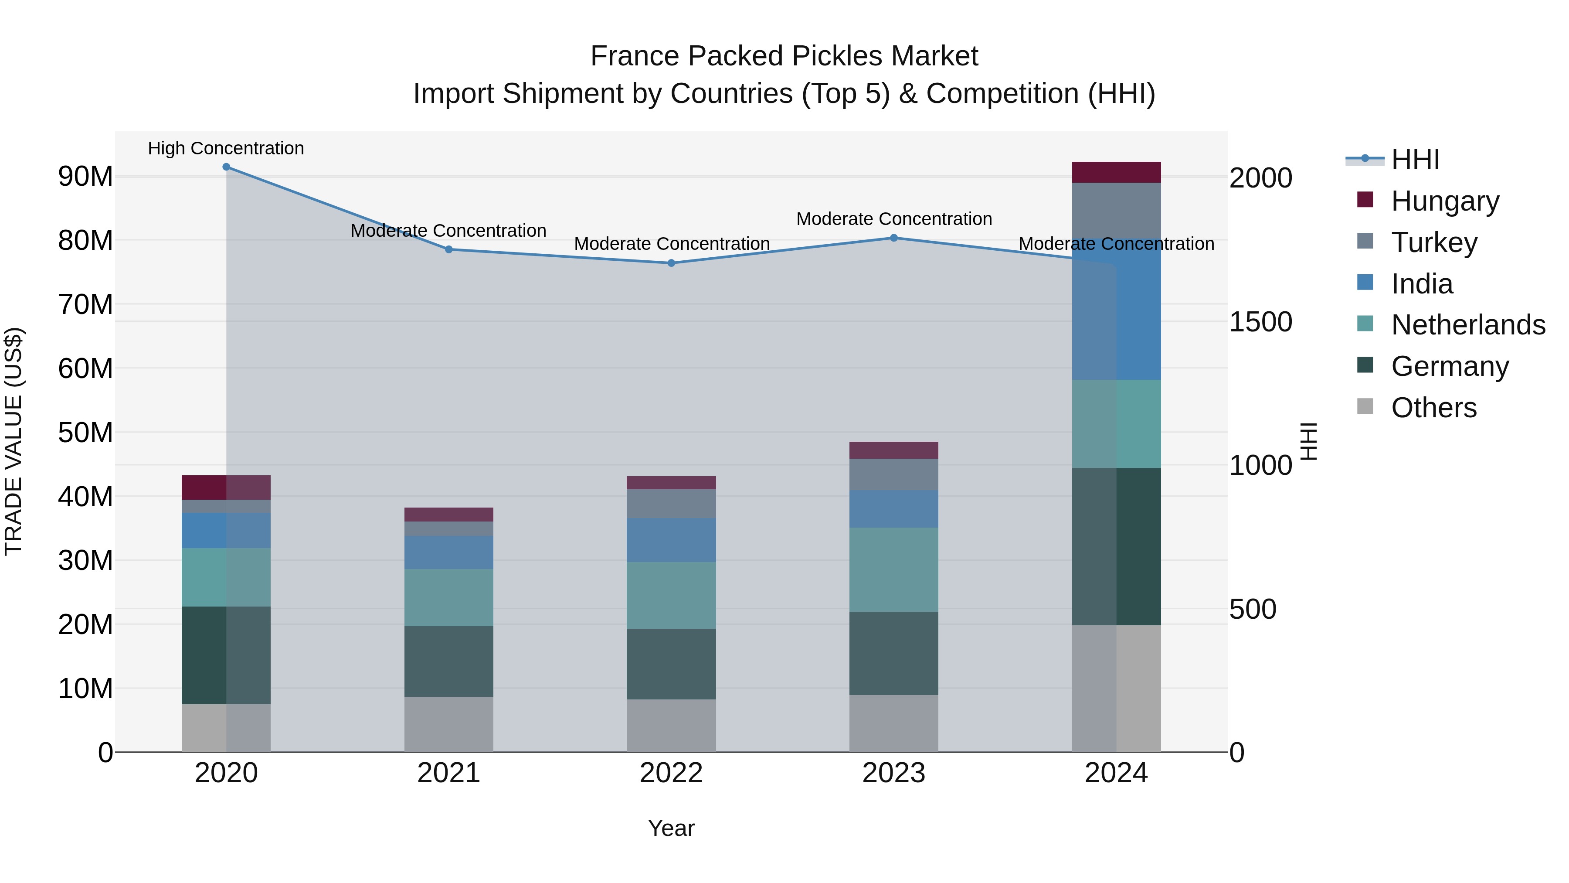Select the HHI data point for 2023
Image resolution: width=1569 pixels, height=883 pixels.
893,238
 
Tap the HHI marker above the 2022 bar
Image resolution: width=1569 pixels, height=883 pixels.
671,263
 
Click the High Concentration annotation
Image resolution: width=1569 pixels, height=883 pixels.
226,148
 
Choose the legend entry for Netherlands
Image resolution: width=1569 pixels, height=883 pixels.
1468,325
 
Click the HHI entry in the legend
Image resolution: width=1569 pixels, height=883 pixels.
1415,160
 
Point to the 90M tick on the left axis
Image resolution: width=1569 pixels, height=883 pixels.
85,176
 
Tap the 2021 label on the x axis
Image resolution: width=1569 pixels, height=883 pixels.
448,773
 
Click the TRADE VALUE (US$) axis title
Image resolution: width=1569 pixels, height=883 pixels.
14,441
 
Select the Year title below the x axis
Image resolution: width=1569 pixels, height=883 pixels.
671,828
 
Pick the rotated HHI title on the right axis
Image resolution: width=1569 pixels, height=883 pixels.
1309,441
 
